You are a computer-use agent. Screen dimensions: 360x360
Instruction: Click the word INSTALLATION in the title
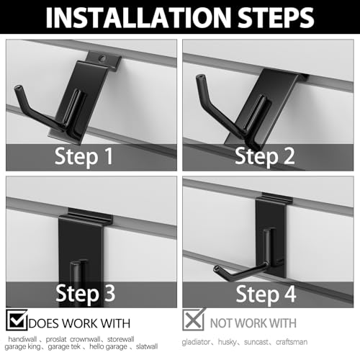coord(138,18)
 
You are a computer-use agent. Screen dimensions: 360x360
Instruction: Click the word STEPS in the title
coord(276,18)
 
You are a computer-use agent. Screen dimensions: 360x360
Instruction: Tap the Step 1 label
coord(84,157)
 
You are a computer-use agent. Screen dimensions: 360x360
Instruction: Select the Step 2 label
coord(265,157)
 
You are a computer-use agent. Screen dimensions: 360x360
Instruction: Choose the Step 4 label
coord(266,294)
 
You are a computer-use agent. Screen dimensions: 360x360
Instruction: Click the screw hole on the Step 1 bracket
coord(103,58)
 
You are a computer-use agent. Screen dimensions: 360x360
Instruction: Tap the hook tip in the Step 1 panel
coord(18,88)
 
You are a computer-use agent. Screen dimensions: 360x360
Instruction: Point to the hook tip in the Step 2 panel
coord(200,77)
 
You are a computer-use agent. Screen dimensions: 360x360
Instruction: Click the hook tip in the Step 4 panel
coord(217,269)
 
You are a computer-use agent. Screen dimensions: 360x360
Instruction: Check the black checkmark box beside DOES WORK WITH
coord(17,320)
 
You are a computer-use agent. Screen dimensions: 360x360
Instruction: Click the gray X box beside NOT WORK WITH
coord(194,320)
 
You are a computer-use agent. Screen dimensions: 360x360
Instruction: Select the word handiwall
coord(22,339)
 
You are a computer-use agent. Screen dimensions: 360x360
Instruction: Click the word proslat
coord(56,339)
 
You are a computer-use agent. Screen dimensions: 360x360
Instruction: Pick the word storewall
coord(121,339)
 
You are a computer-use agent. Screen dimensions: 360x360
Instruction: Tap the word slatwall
coord(147,346)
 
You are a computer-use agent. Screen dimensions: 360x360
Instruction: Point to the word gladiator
coord(196,342)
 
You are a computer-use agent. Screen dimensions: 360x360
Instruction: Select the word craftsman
coord(292,342)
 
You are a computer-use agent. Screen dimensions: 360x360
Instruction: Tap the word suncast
coord(256,342)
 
